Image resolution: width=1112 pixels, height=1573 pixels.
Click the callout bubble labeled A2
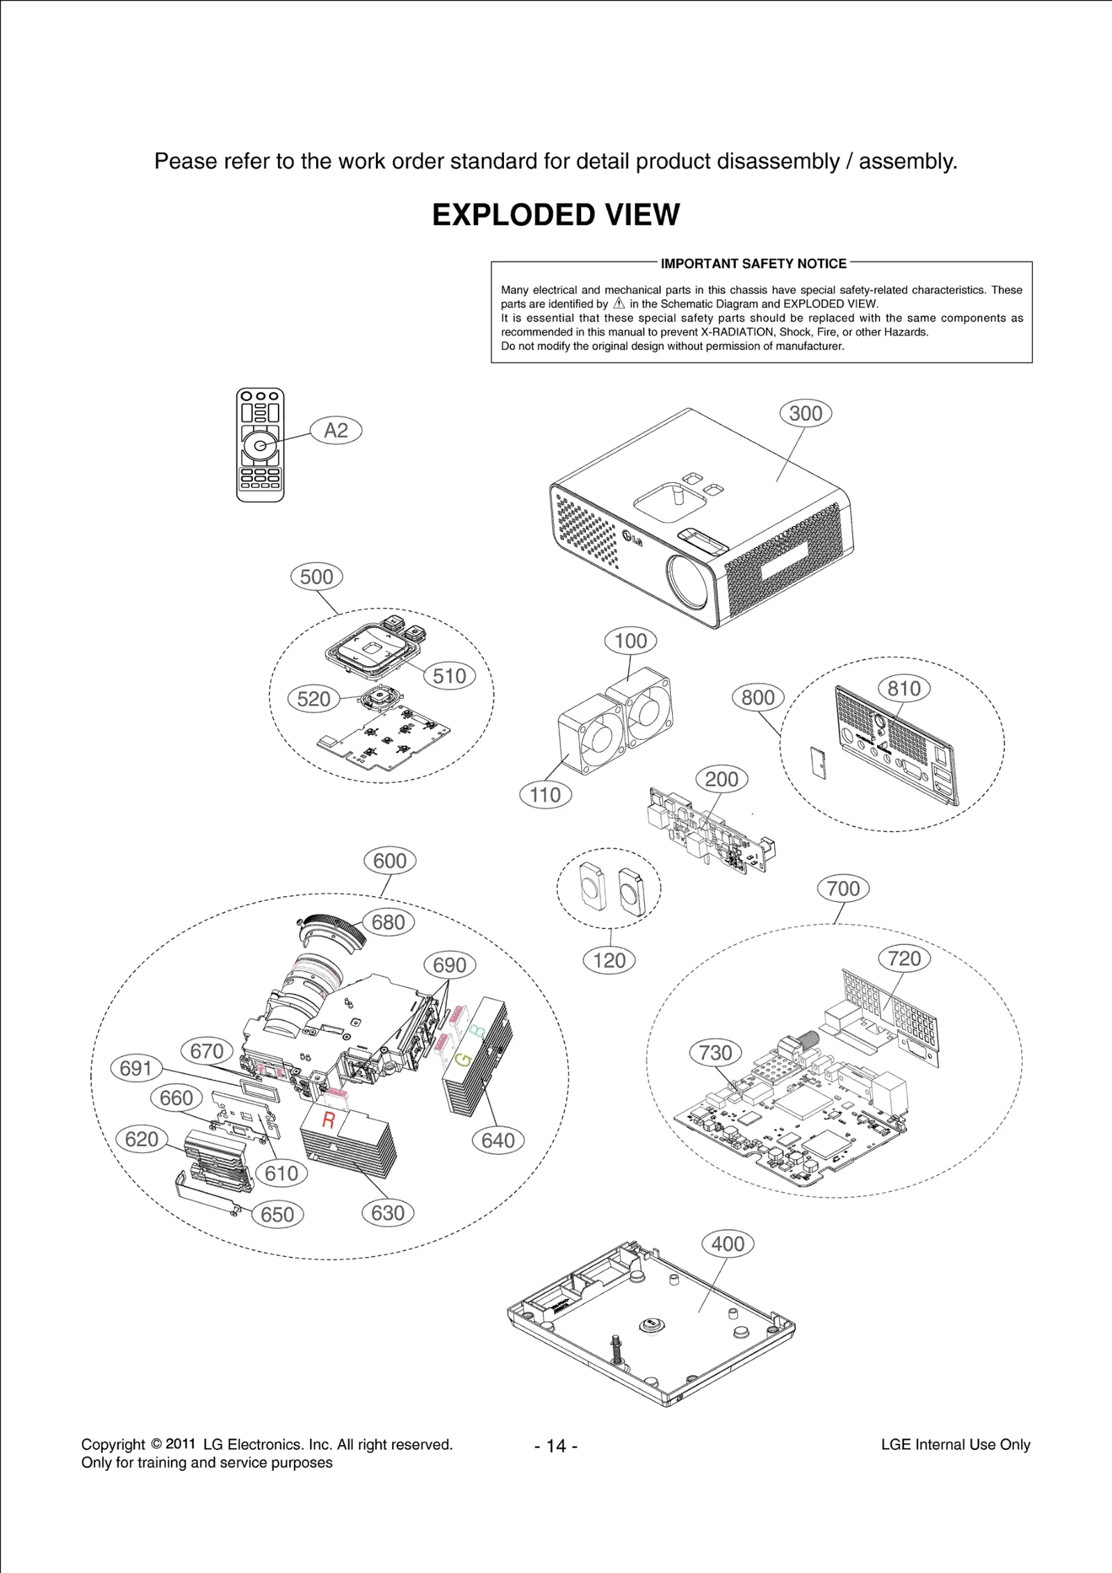[336, 431]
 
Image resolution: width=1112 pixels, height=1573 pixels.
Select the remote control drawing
[260, 445]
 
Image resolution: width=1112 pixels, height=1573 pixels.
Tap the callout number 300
[806, 413]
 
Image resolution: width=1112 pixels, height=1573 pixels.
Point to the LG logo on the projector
[632, 538]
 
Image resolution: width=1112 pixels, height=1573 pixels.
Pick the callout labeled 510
[449, 676]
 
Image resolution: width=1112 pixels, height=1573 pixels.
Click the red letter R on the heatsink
[329, 1120]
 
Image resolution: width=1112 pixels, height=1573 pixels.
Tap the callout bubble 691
[136, 1068]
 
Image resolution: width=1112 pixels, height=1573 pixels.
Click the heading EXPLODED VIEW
[556, 215]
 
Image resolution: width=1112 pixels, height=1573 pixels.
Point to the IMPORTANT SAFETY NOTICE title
[753, 264]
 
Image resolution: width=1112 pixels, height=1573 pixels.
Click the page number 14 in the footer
[556, 1445]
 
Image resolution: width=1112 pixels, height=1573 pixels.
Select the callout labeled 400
[728, 1244]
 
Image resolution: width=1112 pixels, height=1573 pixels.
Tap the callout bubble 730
[715, 1053]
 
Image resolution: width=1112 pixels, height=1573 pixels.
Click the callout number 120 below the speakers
[609, 961]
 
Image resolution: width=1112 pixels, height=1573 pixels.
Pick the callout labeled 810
[903, 689]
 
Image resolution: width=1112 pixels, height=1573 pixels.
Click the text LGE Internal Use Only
[955, 1444]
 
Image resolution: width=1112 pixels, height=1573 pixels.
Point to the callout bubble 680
[388, 923]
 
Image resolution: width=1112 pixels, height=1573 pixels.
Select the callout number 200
[721, 780]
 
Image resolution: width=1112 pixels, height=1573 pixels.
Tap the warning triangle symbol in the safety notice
[619, 304]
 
